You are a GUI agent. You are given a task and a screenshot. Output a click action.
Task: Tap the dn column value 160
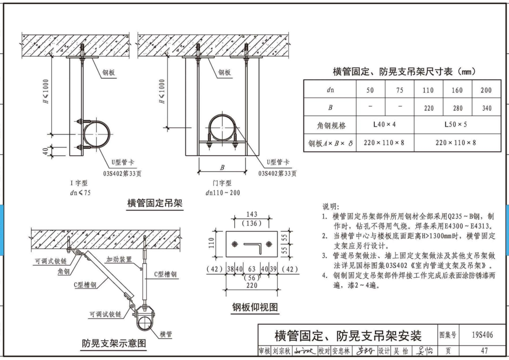click(x=457, y=90)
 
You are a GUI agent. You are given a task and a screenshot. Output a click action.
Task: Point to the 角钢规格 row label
click(x=329, y=125)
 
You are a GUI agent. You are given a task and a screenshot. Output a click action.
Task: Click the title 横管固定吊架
click(x=154, y=203)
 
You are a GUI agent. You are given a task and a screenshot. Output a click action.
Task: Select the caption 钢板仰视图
click(x=255, y=308)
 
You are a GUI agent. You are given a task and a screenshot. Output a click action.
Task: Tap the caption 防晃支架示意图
click(x=114, y=344)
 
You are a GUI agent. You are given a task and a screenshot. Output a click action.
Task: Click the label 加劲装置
click(x=118, y=259)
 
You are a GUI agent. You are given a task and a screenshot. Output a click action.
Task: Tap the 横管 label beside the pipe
click(x=166, y=334)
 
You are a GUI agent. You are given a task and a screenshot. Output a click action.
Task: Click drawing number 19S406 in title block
click(x=482, y=335)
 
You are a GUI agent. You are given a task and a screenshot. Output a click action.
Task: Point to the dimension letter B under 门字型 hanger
click(x=223, y=167)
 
